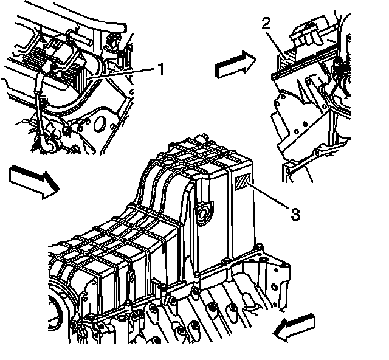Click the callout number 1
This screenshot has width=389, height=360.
pos(161,69)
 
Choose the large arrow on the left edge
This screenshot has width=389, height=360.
pos(33,181)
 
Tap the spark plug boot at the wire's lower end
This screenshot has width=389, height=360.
pos(46,145)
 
